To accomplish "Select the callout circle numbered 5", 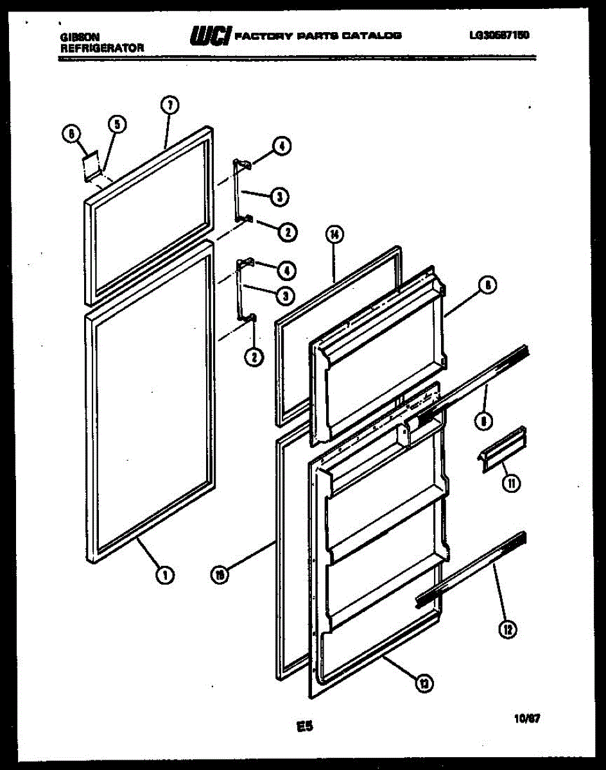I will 117,124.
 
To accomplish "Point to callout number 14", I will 334,235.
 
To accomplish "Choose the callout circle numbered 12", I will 508,630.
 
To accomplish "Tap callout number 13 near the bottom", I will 424,685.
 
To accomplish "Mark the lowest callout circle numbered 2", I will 255,358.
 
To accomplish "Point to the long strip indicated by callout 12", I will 471,568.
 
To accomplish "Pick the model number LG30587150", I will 499,35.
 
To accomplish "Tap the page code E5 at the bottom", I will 305,727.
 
